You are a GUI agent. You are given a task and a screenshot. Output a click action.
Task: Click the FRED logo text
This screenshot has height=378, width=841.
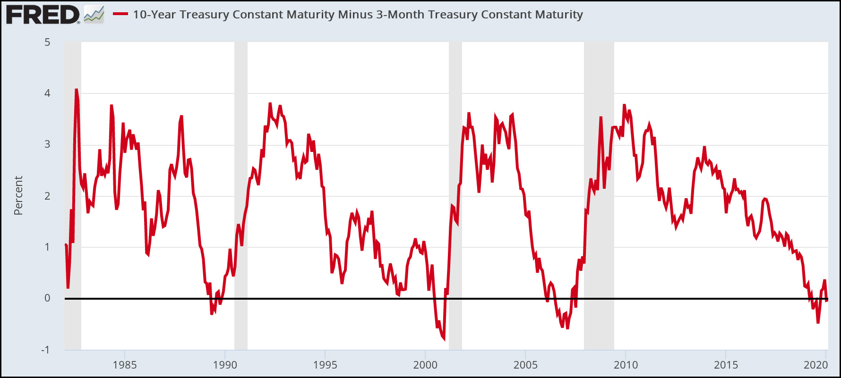43,15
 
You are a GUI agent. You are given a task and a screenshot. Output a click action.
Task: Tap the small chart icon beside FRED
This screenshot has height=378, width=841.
94,15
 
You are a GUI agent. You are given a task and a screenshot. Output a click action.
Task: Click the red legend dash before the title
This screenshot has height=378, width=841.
120,14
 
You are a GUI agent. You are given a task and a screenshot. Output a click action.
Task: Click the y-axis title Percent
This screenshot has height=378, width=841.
18,195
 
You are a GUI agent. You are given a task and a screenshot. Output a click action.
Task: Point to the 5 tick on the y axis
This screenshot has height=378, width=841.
47,42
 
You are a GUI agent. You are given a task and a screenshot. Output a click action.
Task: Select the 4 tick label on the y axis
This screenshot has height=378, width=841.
47,93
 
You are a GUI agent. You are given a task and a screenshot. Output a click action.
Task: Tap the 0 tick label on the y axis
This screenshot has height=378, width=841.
47,298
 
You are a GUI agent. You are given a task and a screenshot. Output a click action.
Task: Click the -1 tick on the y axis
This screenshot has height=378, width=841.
45,350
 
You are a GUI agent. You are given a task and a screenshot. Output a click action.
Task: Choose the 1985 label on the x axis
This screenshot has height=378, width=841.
125,365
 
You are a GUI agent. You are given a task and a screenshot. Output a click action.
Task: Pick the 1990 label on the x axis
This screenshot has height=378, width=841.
225,365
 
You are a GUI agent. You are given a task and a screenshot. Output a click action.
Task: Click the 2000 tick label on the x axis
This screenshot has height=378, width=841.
425,365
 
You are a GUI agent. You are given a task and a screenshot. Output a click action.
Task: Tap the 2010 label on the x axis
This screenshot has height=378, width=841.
626,365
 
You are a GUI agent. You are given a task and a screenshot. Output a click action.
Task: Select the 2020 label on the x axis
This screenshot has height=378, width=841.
816,365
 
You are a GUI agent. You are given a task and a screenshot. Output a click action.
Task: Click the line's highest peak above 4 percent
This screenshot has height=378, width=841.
76,89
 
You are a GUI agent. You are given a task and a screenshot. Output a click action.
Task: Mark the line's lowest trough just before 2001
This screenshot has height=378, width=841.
444,338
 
